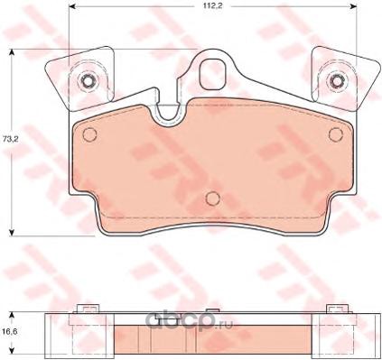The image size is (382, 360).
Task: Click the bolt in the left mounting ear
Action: [88, 80]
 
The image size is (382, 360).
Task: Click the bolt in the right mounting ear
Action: [336, 80]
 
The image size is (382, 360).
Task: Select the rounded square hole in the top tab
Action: [213, 74]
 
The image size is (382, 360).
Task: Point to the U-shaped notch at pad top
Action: [168, 115]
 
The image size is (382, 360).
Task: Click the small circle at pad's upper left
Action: [89, 134]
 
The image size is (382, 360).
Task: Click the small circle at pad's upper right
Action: [336, 134]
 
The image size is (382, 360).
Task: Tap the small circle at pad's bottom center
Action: [213, 198]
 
